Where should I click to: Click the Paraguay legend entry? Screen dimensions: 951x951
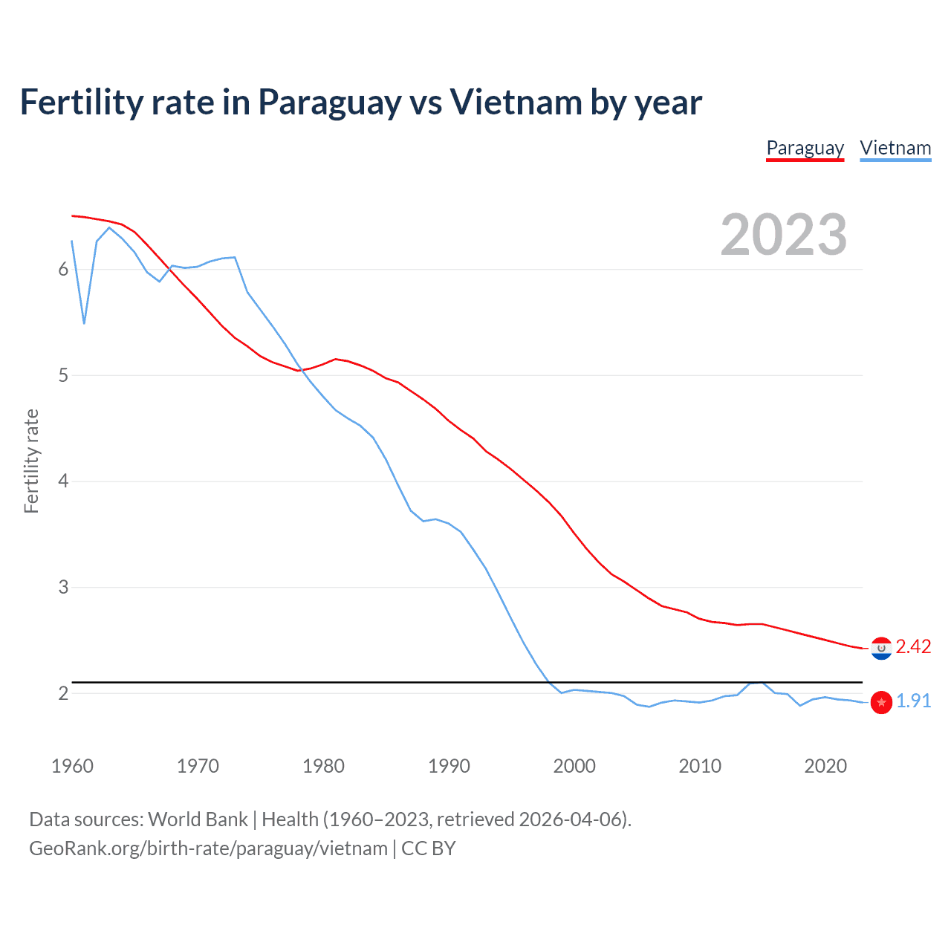(x=805, y=148)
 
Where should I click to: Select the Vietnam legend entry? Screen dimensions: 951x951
(x=895, y=148)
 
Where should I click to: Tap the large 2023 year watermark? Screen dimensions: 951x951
(x=783, y=235)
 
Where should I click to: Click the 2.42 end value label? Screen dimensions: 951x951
(x=913, y=647)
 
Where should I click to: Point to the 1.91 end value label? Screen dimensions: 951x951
(x=913, y=701)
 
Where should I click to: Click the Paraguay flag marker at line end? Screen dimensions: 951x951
(x=881, y=649)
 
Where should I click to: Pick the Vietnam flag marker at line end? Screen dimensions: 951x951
(x=881, y=702)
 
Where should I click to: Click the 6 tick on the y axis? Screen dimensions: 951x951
(x=63, y=270)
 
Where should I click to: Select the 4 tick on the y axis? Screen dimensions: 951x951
(x=63, y=481)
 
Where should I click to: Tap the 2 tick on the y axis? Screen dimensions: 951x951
(x=63, y=693)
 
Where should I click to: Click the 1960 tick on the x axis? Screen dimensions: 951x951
(x=72, y=766)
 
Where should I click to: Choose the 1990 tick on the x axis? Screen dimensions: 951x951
(x=449, y=766)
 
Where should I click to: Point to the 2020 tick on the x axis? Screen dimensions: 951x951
(x=825, y=766)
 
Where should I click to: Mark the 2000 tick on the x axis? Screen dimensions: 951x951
(x=574, y=766)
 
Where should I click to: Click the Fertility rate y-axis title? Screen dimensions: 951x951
(x=31, y=461)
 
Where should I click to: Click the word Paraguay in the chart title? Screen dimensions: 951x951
(x=329, y=103)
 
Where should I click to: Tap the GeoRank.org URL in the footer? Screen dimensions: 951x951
(x=208, y=848)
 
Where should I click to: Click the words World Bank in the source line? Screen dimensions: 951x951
(x=198, y=819)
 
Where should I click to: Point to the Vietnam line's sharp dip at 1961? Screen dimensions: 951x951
(x=84, y=323)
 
